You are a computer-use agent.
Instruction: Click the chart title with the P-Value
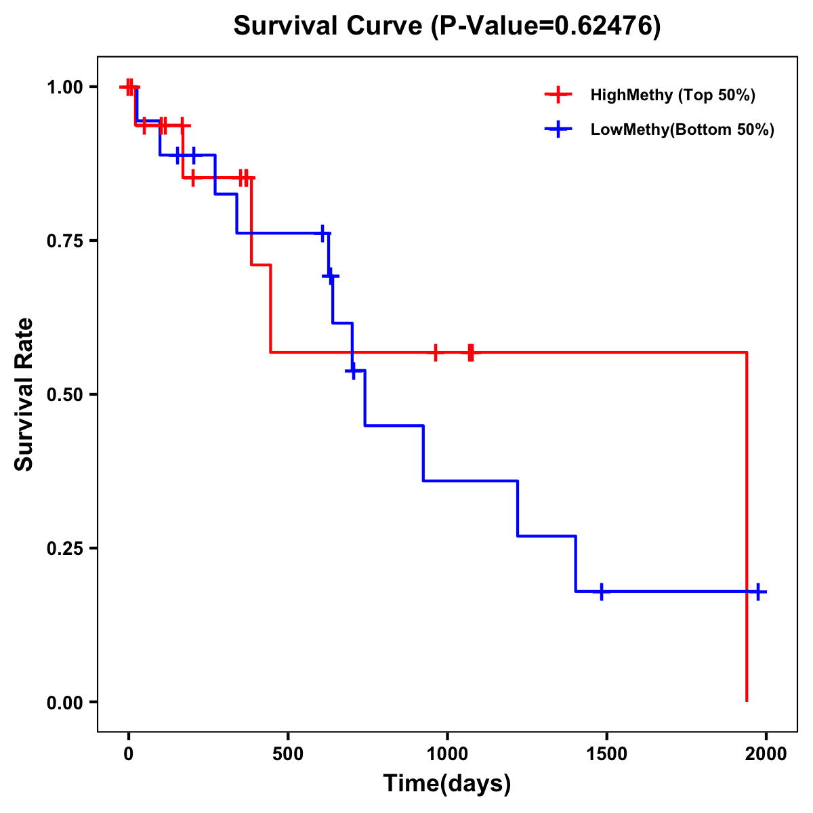point(446,26)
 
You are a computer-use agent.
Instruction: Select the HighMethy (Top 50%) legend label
point(673,95)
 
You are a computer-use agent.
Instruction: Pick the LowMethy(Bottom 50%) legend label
point(682,130)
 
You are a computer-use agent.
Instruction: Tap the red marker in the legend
point(558,95)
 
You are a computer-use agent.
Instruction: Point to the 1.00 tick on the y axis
point(64,87)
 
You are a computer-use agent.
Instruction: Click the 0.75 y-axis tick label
point(64,241)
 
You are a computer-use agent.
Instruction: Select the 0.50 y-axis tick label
point(64,395)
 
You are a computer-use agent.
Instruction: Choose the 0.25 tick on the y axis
point(64,549)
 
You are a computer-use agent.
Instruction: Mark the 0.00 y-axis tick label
point(64,703)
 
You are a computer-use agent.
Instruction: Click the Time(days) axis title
point(447,784)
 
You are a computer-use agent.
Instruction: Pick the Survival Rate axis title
point(24,394)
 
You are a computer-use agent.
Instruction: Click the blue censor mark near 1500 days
point(601,591)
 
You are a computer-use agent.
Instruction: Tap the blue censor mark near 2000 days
point(758,591)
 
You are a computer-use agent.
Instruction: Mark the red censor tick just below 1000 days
point(436,352)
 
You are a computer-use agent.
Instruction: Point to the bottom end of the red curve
point(747,701)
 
